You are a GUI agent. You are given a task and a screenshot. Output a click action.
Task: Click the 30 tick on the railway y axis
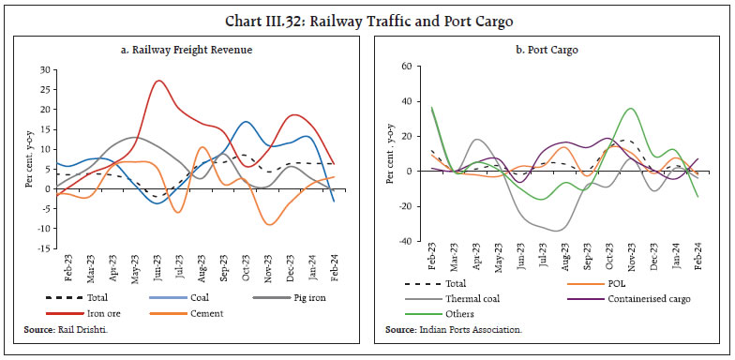(43, 70)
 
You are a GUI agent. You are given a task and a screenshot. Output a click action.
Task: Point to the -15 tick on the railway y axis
(41, 247)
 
